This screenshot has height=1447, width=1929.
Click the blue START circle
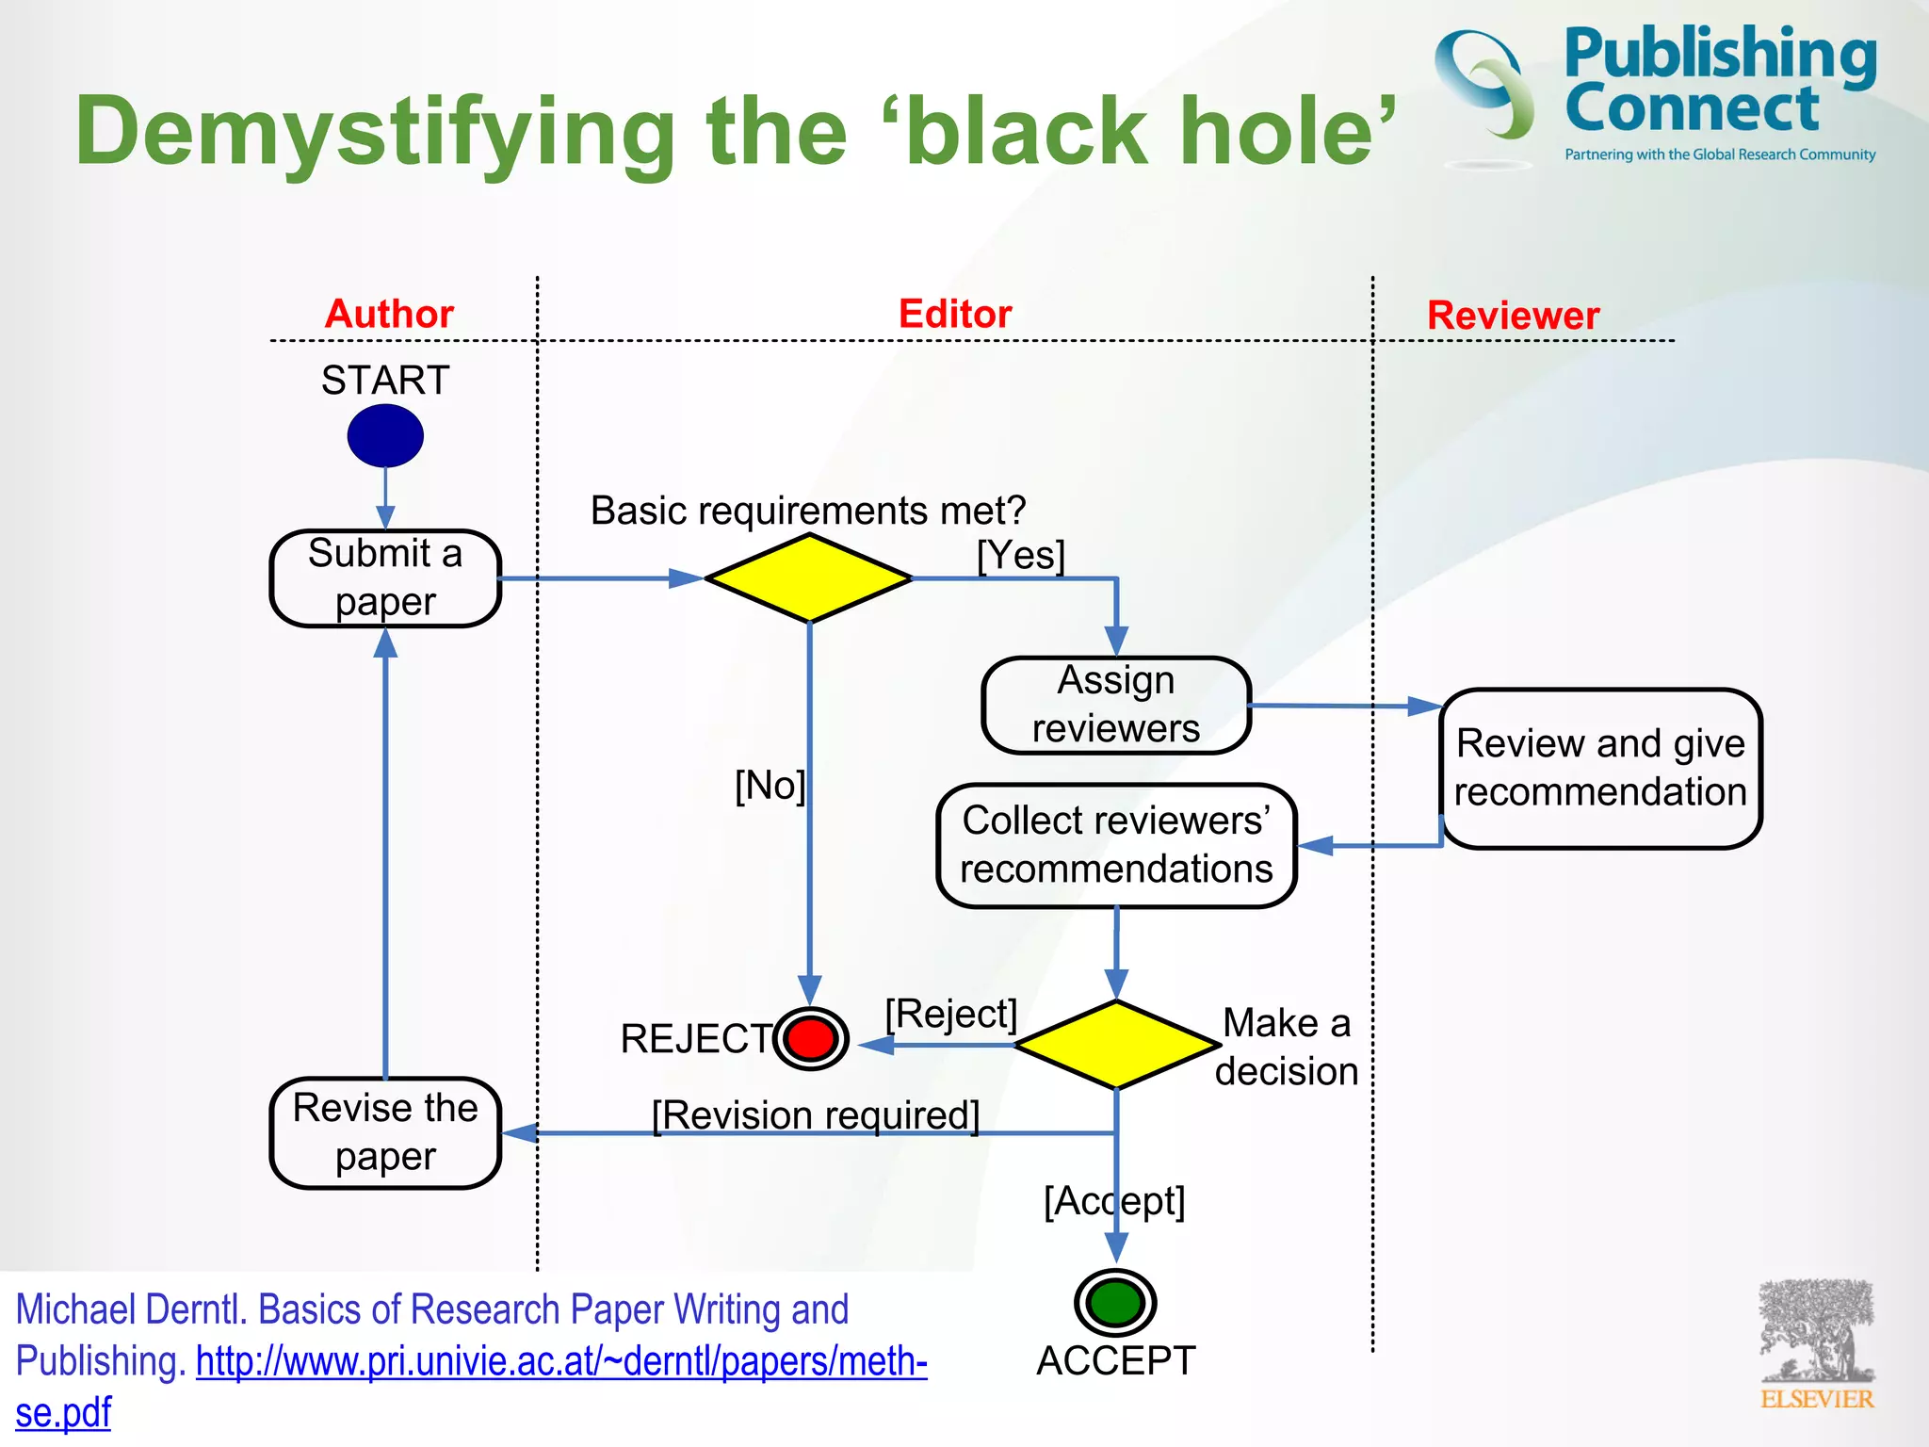tap(385, 435)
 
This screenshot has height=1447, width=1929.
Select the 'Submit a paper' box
tap(385, 577)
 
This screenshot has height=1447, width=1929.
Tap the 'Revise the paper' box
tap(385, 1131)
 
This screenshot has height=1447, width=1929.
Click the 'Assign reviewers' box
tap(1116, 705)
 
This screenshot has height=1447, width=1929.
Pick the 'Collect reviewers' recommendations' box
tap(1116, 845)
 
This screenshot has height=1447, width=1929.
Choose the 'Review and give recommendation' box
tap(1600, 768)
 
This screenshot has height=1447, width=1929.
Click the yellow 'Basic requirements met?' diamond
tap(809, 577)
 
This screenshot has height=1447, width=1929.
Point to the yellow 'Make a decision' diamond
tap(1116, 1045)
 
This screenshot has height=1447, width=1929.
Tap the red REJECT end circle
tap(811, 1038)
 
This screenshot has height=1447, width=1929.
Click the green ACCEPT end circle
tap(1115, 1303)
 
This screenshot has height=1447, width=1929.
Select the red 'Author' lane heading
tap(389, 314)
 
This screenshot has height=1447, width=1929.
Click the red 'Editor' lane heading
tap(955, 314)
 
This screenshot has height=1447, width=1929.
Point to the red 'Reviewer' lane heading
tap(1513, 316)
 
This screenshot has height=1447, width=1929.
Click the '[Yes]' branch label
tap(1021, 555)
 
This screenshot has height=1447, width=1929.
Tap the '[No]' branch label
tap(770, 785)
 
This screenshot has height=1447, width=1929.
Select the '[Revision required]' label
tap(816, 1114)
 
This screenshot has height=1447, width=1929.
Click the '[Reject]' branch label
tap(951, 1014)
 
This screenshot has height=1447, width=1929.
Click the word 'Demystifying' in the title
tap(375, 132)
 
